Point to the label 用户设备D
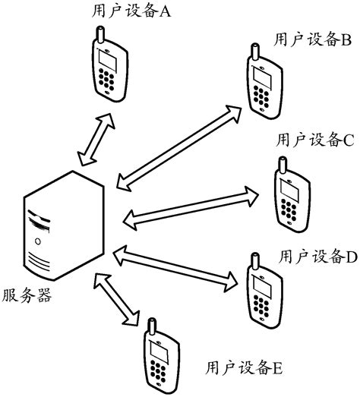[x=318, y=256]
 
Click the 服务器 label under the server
[x=27, y=295]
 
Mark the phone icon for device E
[x=157, y=359]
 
